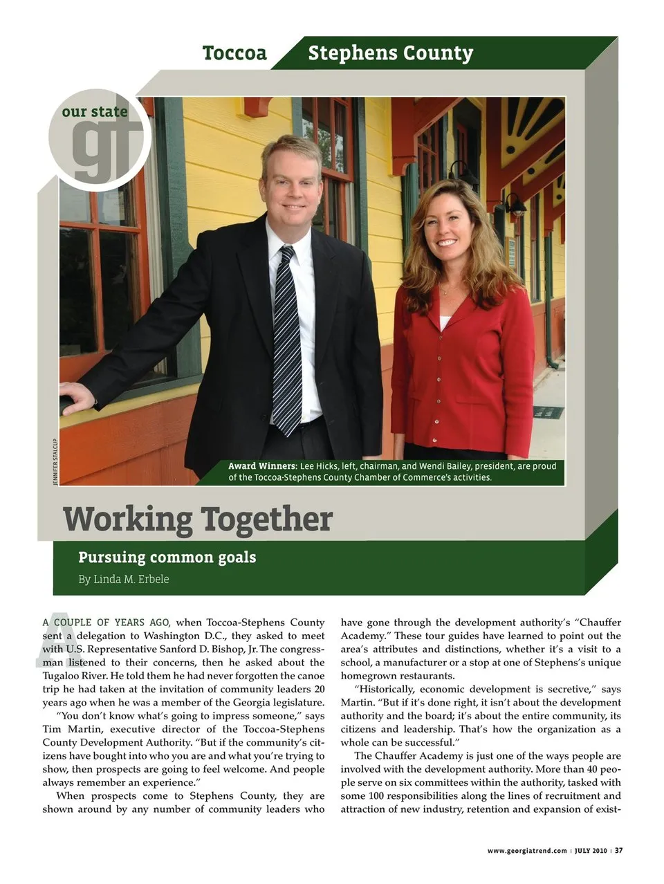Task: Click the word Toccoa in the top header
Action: point(234,53)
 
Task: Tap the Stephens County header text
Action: point(390,53)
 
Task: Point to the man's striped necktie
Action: point(286,339)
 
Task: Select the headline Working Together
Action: point(198,519)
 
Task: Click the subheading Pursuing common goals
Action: point(167,558)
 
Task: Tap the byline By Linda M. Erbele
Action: point(123,579)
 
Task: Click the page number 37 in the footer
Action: point(619,850)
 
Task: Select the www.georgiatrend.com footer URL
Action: point(527,851)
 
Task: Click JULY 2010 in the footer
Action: point(591,851)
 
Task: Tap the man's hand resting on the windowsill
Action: point(77,398)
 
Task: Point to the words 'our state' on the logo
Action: point(95,111)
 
